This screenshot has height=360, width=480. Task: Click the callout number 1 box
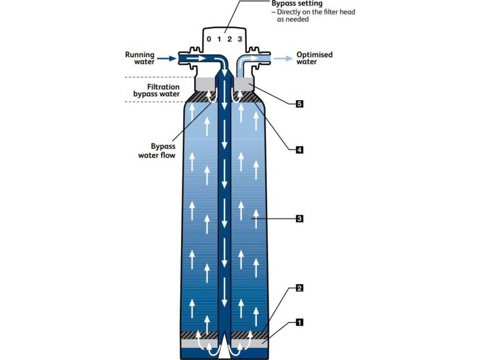tap(299, 322)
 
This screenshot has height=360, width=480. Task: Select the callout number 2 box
tap(299, 288)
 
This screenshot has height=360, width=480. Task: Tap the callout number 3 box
tap(299, 218)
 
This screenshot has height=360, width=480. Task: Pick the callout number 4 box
tap(299, 150)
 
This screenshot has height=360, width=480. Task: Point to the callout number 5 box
tap(299, 104)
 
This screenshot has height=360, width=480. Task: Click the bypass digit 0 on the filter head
tap(209, 39)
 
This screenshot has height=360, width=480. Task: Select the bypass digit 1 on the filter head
tap(219, 39)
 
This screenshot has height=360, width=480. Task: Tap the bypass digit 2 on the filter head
tap(230, 39)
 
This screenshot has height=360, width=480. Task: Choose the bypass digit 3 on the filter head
tap(240, 39)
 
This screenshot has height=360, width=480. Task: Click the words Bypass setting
tap(297, 4)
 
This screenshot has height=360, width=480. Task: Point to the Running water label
tap(139, 58)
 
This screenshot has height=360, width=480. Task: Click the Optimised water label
tap(314, 58)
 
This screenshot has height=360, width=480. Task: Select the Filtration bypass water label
tap(157, 90)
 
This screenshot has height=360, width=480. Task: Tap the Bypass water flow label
tap(157, 150)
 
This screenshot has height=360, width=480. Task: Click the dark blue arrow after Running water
tap(165, 59)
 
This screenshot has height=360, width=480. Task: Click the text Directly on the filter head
tap(315, 12)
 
